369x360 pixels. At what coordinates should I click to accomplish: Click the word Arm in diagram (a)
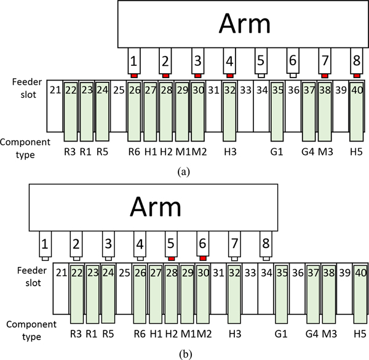(245, 24)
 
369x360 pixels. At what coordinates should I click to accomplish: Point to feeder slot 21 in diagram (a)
(55, 92)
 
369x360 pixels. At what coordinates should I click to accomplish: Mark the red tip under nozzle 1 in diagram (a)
(133, 76)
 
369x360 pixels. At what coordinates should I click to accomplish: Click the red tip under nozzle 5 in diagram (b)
(172, 259)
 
